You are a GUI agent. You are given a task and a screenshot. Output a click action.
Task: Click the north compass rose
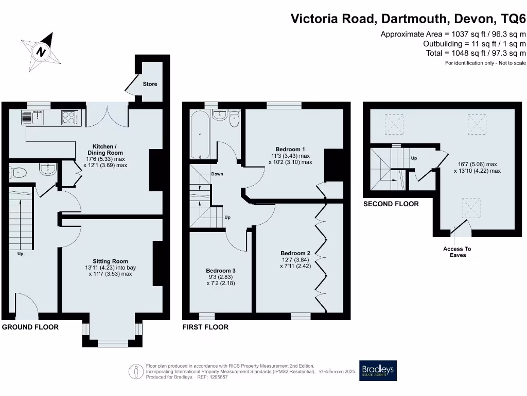(x=41, y=52)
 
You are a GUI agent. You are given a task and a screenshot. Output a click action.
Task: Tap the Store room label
(x=150, y=84)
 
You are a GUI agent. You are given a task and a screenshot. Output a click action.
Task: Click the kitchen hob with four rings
(x=69, y=118)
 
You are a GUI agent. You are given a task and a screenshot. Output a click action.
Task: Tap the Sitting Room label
(x=110, y=261)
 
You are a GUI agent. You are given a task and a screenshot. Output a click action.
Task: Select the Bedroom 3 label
(x=221, y=271)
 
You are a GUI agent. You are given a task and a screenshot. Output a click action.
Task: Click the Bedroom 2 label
(x=295, y=253)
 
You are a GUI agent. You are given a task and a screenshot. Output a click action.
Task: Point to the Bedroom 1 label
(x=290, y=150)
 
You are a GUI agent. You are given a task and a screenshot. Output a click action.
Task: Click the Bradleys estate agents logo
(x=378, y=370)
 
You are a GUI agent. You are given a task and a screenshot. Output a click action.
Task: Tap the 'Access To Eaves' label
(x=457, y=252)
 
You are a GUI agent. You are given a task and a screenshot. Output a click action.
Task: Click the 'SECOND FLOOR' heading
(x=391, y=204)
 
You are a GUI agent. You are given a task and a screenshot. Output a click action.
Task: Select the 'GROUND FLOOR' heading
(x=30, y=327)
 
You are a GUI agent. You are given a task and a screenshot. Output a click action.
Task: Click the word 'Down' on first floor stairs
(x=217, y=174)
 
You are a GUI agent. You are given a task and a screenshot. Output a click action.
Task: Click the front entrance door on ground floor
(x=27, y=304)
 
